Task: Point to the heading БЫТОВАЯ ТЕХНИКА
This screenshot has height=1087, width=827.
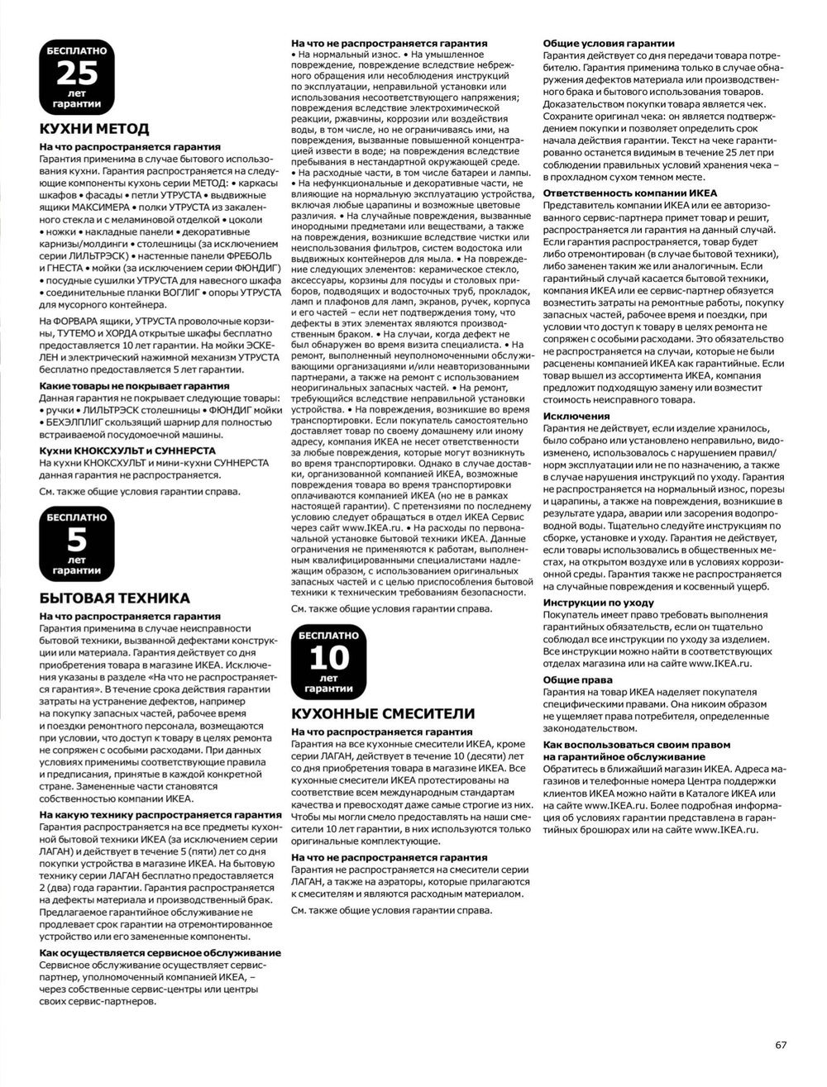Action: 115,598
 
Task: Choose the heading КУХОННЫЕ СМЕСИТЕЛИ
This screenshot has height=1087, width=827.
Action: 372,713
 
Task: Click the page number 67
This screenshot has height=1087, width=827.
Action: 781,1043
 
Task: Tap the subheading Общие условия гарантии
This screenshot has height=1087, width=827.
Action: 608,43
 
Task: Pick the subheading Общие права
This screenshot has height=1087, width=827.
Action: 576,680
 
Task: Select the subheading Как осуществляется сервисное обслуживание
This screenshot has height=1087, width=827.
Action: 160,952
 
